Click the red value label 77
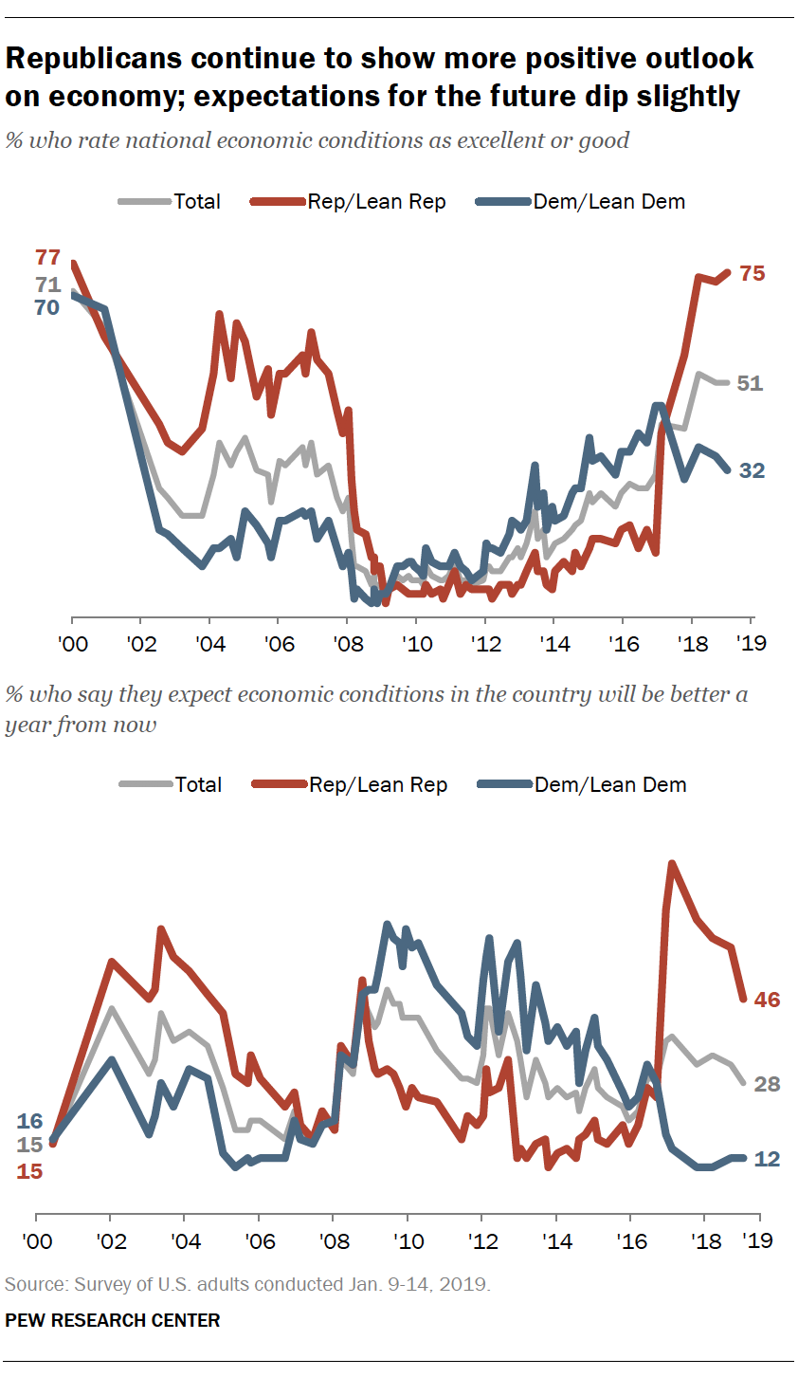coord(47,257)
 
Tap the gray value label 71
coord(47,285)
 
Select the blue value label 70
coord(47,307)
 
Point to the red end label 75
coord(752,273)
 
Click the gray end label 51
coord(751,383)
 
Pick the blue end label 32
coord(752,470)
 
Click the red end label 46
coord(767,1000)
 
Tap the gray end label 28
coord(767,1084)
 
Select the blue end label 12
coord(767,1159)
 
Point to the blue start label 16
coord(30,1122)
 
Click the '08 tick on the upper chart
coord(348,645)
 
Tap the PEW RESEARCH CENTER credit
coord(113,1320)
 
